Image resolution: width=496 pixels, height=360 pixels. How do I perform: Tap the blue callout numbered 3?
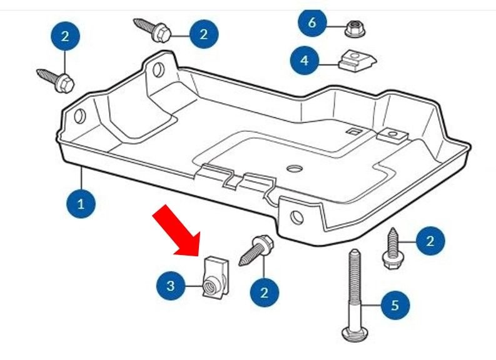(x=171, y=286)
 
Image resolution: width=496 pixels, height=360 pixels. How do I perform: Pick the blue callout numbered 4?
(x=305, y=61)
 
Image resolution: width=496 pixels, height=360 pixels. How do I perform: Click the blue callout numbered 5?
(x=394, y=306)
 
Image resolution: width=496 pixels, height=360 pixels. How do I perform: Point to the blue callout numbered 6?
(x=313, y=24)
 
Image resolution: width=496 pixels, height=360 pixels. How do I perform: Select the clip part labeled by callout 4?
(x=356, y=62)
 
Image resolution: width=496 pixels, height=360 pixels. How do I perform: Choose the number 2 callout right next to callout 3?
(x=264, y=292)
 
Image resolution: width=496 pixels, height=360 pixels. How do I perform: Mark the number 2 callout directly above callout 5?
(x=428, y=241)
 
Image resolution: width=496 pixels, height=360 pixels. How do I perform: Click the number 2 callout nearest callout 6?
(x=203, y=34)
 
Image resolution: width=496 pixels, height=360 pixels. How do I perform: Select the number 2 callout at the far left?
(x=64, y=36)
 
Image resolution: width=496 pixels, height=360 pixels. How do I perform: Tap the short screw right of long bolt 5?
(x=393, y=249)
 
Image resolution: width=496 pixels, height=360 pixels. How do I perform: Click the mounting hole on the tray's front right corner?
(x=297, y=217)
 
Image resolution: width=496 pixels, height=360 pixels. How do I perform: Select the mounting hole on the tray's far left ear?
(x=79, y=116)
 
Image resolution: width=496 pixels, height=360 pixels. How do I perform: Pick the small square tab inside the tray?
(x=354, y=131)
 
